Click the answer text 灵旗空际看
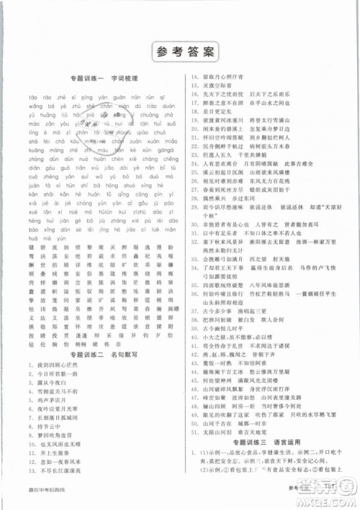tap(219, 85)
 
